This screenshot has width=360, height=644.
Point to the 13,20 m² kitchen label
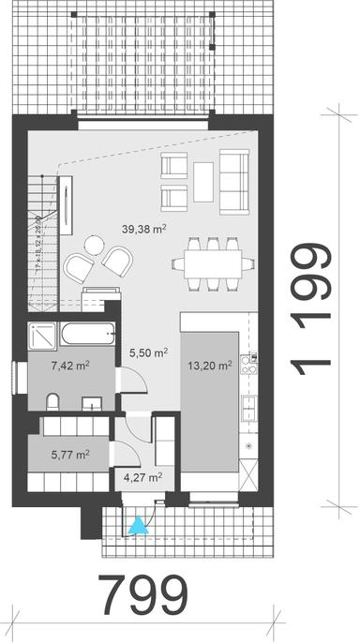(x=212, y=367)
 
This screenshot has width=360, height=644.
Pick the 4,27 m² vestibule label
(x=143, y=476)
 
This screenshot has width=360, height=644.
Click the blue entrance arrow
(x=139, y=528)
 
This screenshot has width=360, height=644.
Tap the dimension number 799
(x=143, y=593)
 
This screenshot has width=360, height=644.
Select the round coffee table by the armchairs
(x=92, y=246)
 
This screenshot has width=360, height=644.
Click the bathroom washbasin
(x=92, y=403)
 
